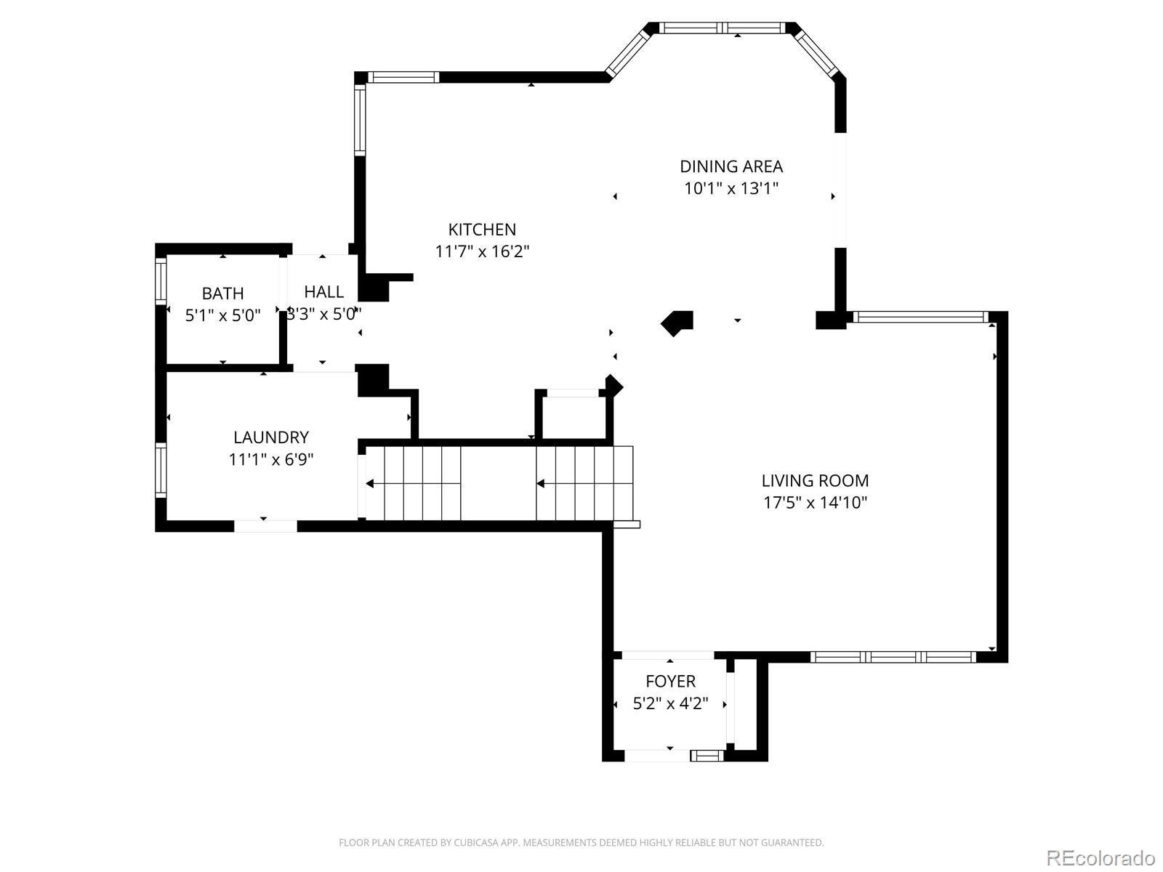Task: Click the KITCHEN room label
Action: click(x=482, y=229)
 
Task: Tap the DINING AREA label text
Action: click(x=731, y=166)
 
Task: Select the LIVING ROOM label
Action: click(x=815, y=480)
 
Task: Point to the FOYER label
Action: click(x=670, y=681)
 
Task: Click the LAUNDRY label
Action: click(x=270, y=437)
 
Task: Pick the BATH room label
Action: click(x=222, y=293)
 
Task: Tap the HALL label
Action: click(x=323, y=291)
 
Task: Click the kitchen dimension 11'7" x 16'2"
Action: click(x=482, y=251)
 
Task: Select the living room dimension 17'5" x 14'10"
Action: click(x=815, y=502)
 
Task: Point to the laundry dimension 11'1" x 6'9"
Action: click(x=270, y=459)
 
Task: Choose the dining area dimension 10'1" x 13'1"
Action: click(x=731, y=188)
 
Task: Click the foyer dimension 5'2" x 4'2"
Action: click(x=670, y=703)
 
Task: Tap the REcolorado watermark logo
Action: click(x=1101, y=857)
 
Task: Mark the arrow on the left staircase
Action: click(x=414, y=483)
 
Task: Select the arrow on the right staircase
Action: click(x=584, y=483)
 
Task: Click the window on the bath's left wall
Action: click(x=161, y=280)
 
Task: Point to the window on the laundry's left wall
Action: click(x=161, y=470)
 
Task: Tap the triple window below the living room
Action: click(x=893, y=657)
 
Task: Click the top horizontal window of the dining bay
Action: click(x=722, y=28)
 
